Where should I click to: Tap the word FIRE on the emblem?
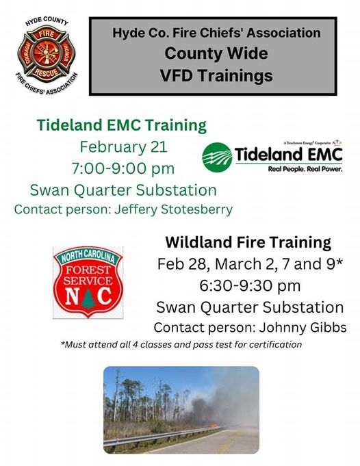[x=47, y=34]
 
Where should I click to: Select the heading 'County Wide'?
[x=216, y=53]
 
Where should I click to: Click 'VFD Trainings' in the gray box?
[x=216, y=75]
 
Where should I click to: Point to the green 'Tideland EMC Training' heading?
[x=122, y=125]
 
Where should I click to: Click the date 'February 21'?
[x=123, y=147]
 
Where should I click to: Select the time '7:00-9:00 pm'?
[x=123, y=168]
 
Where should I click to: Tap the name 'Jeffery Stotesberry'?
[x=173, y=209]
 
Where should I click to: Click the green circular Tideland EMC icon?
[x=218, y=157]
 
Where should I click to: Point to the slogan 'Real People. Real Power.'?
[x=305, y=169]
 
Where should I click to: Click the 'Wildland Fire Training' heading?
[x=248, y=242]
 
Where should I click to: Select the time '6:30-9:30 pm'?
[x=250, y=285]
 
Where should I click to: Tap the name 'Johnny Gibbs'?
[x=303, y=328]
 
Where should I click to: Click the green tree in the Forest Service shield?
[x=88, y=298]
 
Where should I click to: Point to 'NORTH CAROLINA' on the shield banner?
[x=88, y=256]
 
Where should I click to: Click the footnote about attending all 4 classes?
[x=181, y=344]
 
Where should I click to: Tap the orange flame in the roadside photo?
[x=214, y=425]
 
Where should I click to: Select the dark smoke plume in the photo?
[x=202, y=408]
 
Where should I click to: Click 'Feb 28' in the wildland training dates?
[x=181, y=264]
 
